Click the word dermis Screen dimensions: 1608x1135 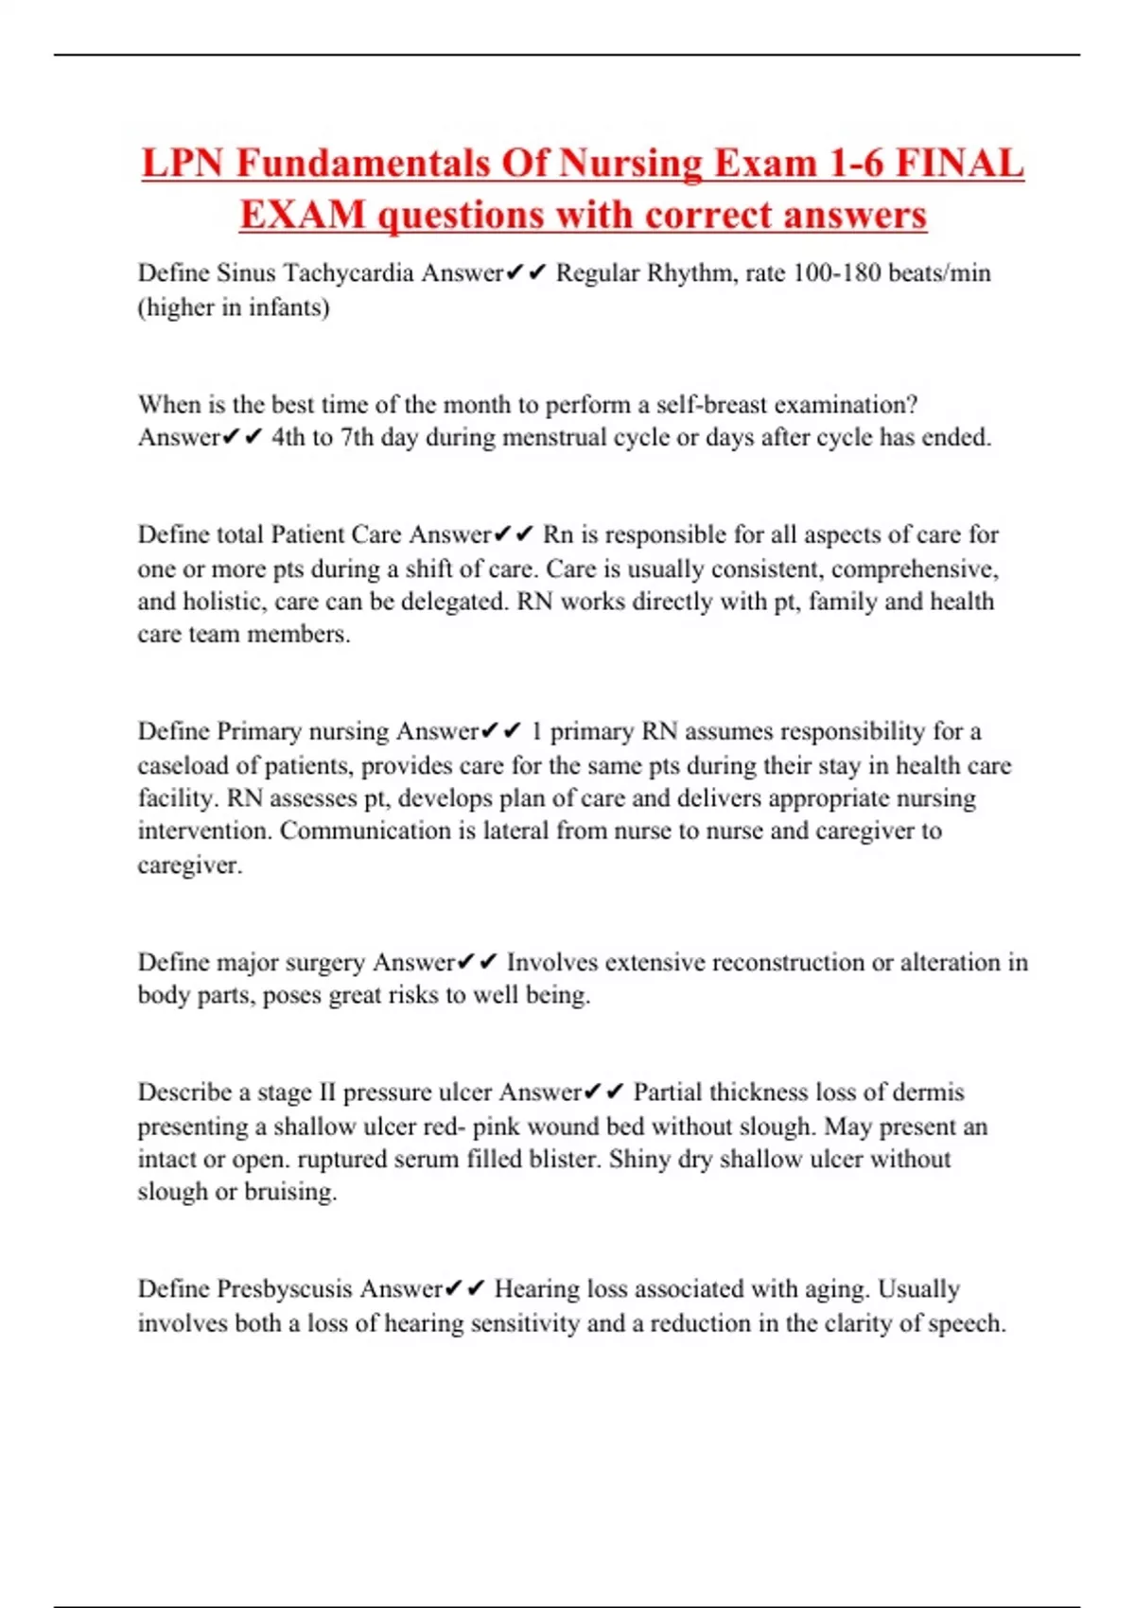click(928, 1092)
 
